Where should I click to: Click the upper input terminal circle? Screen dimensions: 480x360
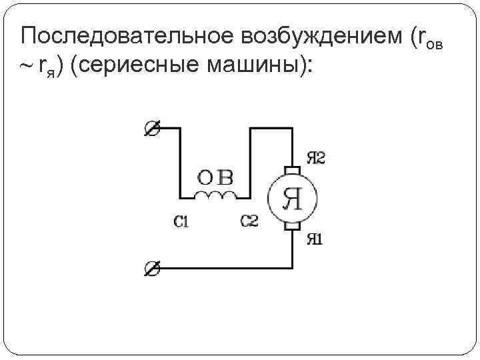[152, 128]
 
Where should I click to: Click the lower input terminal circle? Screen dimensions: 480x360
[152, 269]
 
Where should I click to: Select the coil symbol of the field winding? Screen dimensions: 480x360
[215, 195]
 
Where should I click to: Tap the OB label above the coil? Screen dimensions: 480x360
[215, 178]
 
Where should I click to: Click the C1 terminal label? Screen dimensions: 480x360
[181, 221]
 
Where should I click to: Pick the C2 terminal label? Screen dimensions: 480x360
[249, 221]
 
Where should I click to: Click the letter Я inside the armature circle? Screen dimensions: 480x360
[293, 199]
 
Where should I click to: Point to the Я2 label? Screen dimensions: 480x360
[316, 158]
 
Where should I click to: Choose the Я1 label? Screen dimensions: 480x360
[315, 239]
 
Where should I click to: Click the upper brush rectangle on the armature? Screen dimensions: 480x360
[293, 170]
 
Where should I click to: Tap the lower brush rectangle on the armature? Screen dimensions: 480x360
[293, 226]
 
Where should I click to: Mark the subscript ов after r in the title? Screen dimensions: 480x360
[435, 45]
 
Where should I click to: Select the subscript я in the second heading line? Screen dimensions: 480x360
[51, 73]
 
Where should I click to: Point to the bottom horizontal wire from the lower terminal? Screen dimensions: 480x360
[226, 269]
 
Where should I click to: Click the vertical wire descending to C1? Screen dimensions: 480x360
[180, 163]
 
